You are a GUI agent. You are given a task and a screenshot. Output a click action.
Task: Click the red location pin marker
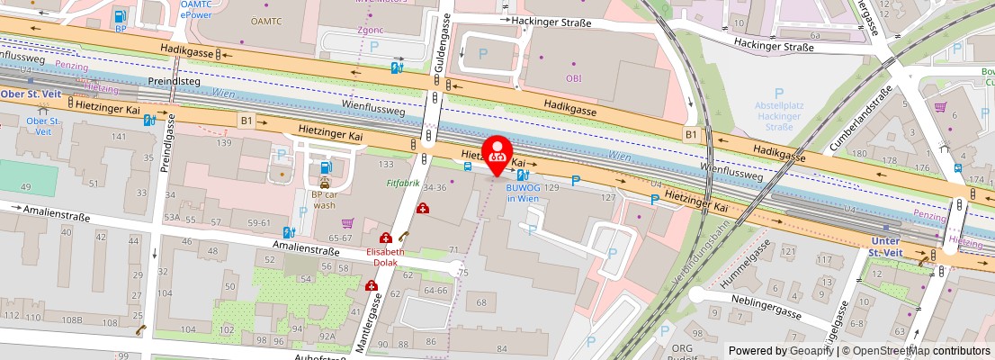(497, 154)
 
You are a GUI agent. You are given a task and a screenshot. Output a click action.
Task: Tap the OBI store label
(573, 78)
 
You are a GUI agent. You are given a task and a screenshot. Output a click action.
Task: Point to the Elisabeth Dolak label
(385, 257)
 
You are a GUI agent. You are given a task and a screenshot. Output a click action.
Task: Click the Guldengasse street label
(443, 45)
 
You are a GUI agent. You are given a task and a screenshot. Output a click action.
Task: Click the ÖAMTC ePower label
(195, 11)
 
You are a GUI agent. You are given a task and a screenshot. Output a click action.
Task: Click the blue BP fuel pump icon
(120, 15)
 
